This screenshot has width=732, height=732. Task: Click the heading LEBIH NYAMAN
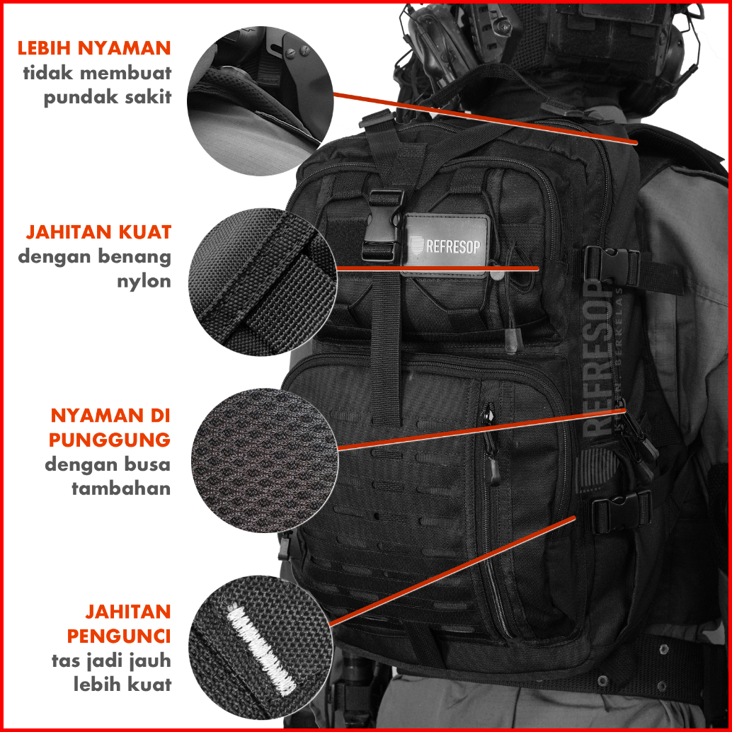coord(94,48)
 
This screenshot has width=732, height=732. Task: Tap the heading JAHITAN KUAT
coord(98,232)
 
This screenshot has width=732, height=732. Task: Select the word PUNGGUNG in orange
coord(110,440)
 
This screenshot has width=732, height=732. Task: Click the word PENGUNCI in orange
coord(118,636)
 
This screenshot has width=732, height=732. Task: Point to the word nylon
coord(144,282)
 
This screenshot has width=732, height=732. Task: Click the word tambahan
coord(121,488)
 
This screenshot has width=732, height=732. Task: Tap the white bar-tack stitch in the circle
coord(261,649)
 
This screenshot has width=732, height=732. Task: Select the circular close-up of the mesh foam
coord(264,461)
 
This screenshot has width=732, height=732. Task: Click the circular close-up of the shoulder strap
coord(260,101)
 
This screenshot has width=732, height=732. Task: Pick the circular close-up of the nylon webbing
coord(263,282)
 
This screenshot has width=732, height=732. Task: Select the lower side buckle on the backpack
coord(622,512)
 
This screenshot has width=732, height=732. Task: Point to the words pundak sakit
coord(108,97)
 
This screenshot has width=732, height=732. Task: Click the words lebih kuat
coord(122,685)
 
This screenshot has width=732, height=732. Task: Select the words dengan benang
coord(95,257)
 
